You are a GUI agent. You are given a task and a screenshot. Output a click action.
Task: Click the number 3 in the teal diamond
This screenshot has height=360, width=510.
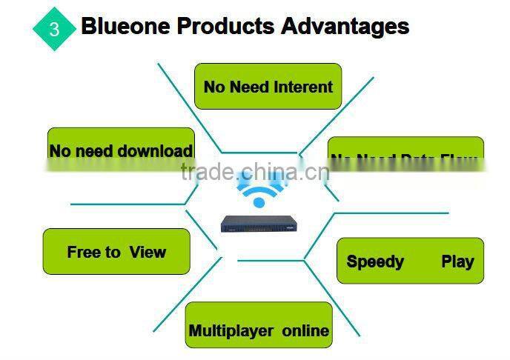coord(54,29)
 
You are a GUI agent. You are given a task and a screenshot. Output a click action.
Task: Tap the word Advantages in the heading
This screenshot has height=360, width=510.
coord(345,27)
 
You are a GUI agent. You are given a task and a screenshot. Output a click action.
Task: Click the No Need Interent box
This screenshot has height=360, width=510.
coord(268,87)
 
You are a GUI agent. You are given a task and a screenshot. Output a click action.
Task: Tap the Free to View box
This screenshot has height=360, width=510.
coord(116,252)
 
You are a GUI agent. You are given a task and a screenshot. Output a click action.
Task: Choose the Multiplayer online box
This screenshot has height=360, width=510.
coord(259,330)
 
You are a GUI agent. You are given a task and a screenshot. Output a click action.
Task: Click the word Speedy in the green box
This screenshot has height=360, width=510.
coord(375,261)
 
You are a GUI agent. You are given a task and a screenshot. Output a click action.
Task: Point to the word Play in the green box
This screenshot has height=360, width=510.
coord(457,261)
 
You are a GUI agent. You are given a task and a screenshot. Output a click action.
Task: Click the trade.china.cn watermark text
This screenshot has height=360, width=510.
coord(255,173)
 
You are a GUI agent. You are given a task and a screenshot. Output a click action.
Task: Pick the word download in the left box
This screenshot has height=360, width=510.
coord(156,151)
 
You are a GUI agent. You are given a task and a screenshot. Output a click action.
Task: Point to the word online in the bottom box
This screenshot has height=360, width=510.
coord(305,330)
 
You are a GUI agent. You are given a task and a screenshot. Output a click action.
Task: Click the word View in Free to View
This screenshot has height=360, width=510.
coord(147,252)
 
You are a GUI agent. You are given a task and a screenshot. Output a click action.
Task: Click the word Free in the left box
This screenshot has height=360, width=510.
coord(82,252)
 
